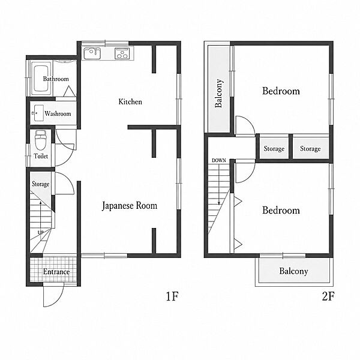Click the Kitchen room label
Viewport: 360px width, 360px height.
pyautogui.click(x=130, y=102)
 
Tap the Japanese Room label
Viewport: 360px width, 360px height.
pyautogui.click(x=130, y=205)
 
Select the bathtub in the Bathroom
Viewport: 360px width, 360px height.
pyautogui.click(x=41, y=79)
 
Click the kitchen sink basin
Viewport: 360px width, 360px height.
pyautogui.click(x=92, y=54)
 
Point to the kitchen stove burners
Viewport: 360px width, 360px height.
pyautogui.click(x=122, y=53)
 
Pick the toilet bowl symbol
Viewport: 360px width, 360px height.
pyautogui.click(x=41, y=140)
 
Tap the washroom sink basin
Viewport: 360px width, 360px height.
pyautogui.click(x=38, y=113)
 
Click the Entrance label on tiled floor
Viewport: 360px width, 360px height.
pyautogui.click(x=56, y=272)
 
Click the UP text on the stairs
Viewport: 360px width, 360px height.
pyautogui.click(x=40, y=232)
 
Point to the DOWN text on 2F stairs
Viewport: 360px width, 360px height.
pyautogui.click(x=219, y=160)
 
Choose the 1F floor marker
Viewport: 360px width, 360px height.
pyautogui.click(x=172, y=296)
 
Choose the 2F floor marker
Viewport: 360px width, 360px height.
pyautogui.click(x=328, y=296)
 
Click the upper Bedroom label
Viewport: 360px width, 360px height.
pyautogui.click(x=281, y=91)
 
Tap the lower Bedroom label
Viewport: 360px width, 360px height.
pyautogui.click(x=281, y=211)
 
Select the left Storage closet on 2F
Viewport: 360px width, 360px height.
pyautogui.click(x=274, y=149)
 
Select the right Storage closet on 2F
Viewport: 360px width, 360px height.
pyautogui.click(x=311, y=149)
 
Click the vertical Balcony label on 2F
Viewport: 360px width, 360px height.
pyautogui.click(x=218, y=93)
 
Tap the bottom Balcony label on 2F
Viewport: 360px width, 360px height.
pyautogui.click(x=293, y=271)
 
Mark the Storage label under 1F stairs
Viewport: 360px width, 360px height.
pyautogui.click(x=40, y=184)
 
